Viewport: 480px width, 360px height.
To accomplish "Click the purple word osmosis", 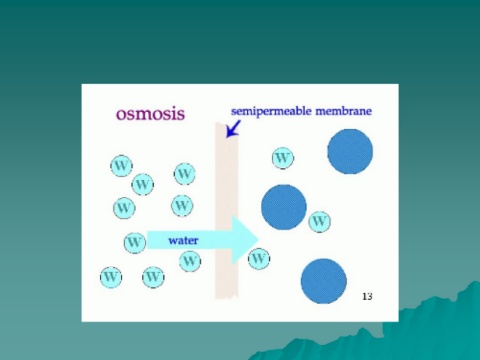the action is point(150,114).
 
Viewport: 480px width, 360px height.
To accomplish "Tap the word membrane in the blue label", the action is point(343,111).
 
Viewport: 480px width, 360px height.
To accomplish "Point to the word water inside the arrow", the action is point(183,240).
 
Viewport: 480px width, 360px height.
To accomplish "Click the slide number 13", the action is point(367,296).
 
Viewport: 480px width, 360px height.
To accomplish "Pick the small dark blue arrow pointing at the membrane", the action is point(233,128).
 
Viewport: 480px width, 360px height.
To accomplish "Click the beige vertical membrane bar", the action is point(227,211).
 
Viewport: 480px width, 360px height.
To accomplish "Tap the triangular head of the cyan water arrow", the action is point(245,239).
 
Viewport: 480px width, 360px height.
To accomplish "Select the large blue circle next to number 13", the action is point(324,281).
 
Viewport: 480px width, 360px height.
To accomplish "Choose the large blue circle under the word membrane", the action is point(350,152).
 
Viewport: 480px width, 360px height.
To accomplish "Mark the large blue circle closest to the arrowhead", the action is point(284,207).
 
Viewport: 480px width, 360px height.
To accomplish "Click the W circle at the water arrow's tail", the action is point(135,243).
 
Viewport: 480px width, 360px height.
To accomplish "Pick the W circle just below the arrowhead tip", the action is point(259,259).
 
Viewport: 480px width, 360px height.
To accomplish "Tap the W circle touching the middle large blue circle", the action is point(319,221).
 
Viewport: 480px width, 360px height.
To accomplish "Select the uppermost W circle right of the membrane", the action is point(283,158).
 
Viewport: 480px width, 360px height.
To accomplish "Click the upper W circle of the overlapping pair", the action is point(121,166).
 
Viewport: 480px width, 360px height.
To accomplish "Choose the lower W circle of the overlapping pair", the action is point(143,184).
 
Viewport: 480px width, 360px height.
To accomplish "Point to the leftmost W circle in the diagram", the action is point(111,277).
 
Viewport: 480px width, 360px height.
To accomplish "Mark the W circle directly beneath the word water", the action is point(190,261).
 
